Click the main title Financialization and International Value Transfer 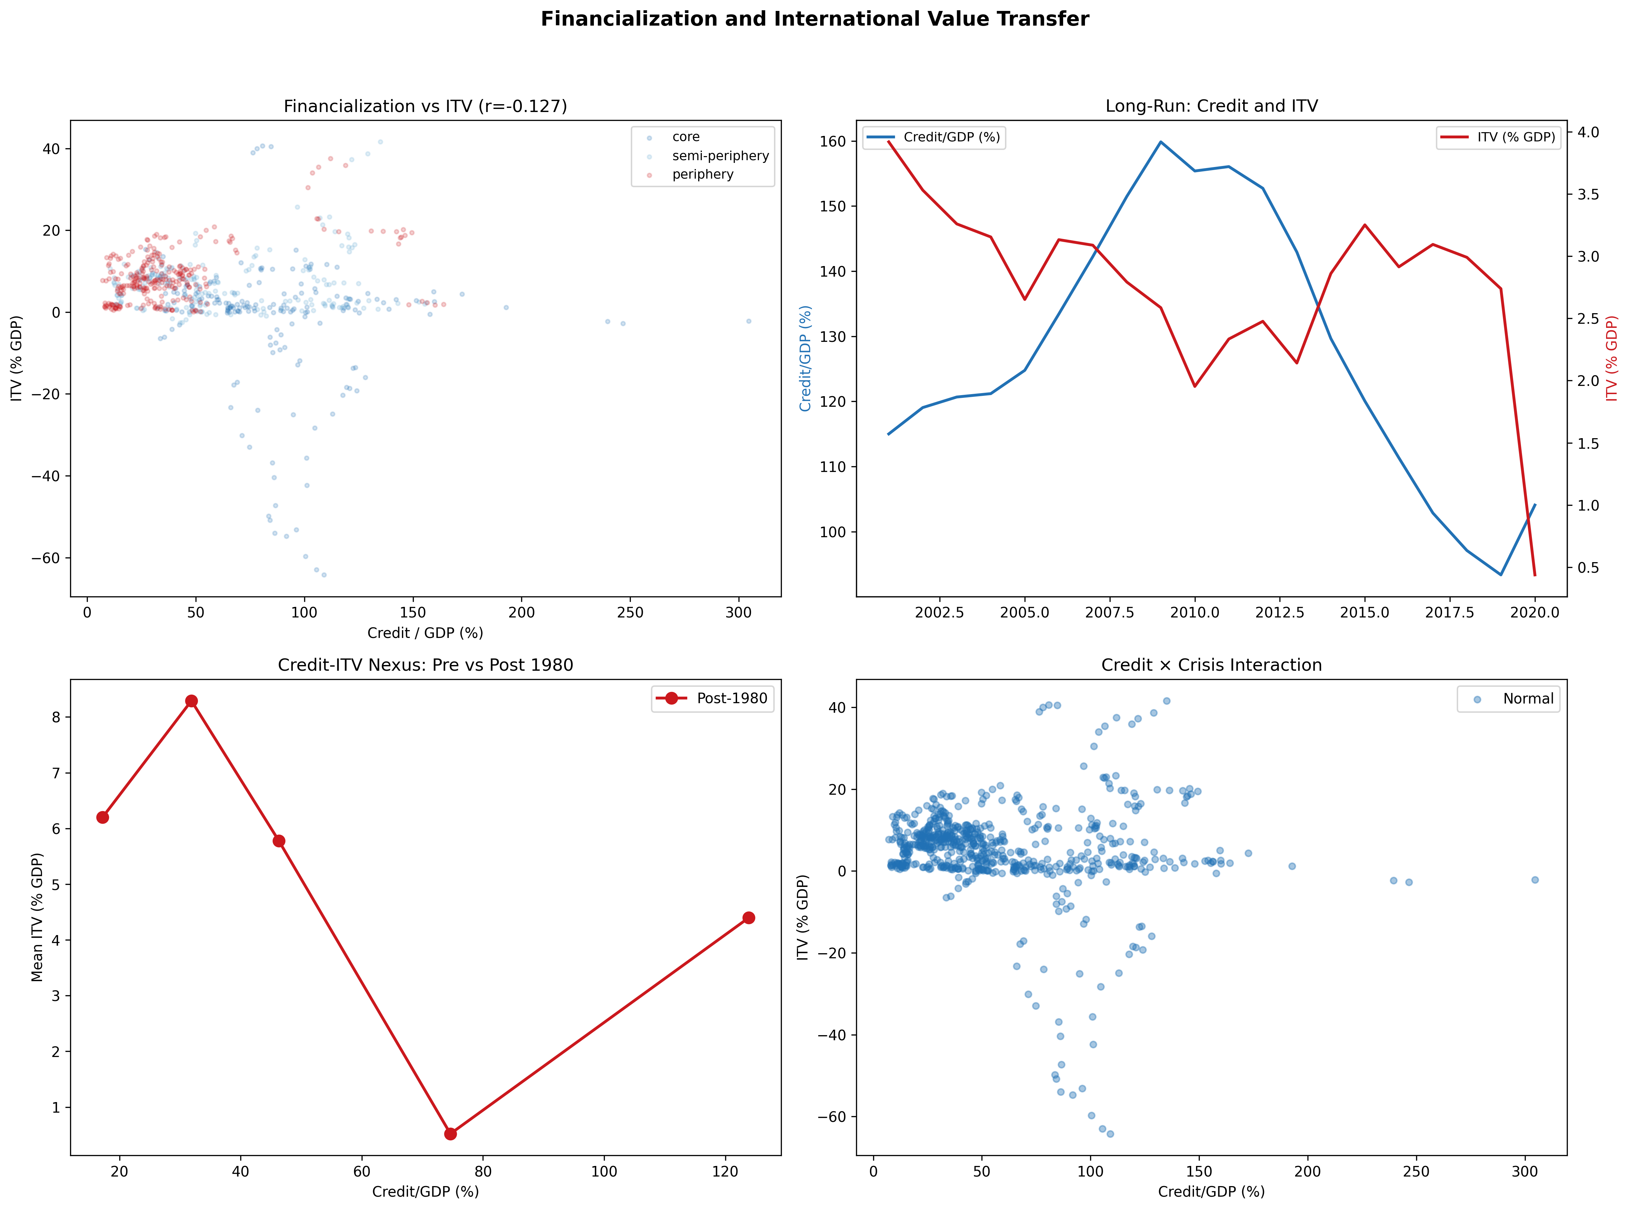(814, 19)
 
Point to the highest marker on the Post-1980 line (191, 701)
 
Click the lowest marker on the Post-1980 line (451, 1134)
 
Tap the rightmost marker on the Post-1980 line (748, 918)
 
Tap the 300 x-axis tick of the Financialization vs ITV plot (739, 612)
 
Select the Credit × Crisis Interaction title (1211, 665)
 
